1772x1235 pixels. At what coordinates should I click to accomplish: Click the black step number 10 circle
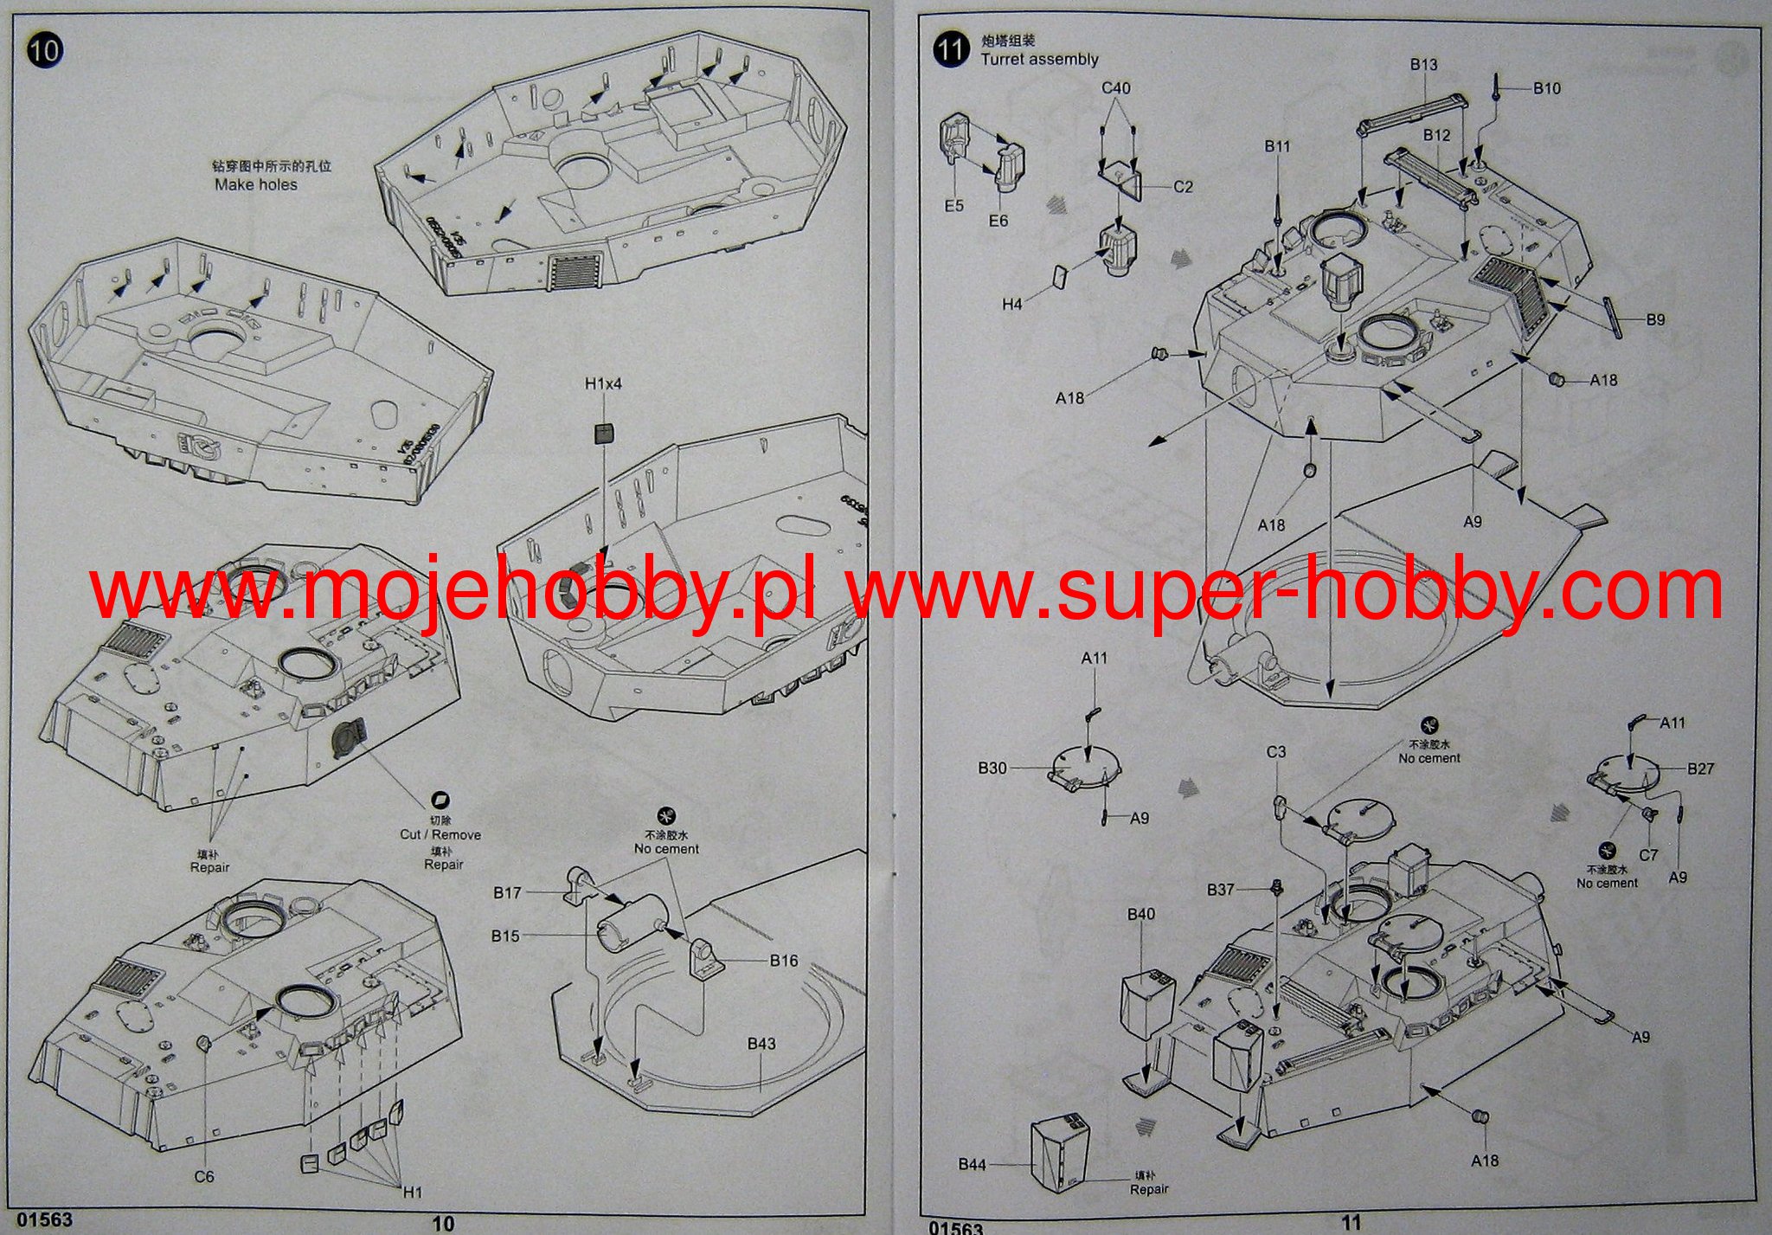pyautogui.click(x=45, y=49)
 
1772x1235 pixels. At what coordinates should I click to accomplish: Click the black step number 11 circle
pyautogui.click(x=951, y=49)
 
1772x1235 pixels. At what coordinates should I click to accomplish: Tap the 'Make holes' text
pyautogui.click(x=256, y=184)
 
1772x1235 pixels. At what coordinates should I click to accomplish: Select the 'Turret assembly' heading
pyautogui.click(x=1039, y=59)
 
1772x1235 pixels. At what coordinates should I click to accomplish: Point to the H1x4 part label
pyautogui.click(x=603, y=383)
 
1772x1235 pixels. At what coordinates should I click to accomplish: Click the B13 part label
pyautogui.click(x=1423, y=65)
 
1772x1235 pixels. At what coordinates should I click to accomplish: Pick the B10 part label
pyautogui.click(x=1547, y=88)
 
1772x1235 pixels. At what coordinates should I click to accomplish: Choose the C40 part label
pyautogui.click(x=1116, y=88)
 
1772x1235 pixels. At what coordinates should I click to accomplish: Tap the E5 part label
pyautogui.click(x=953, y=206)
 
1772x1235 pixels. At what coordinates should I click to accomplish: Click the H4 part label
pyautogui.click(x=1012, y=304)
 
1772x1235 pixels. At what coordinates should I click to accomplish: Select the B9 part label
pyautogui.click(x=1655, y=320)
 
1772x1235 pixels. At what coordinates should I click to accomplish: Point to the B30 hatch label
pyautogui.click(x=992, y=768)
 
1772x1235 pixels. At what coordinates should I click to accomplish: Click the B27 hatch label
pyautogui.click(x=1700, y=769)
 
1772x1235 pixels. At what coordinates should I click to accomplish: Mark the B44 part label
pyautogui.click(x=973, y=1165)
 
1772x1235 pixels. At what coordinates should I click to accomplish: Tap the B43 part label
pyautogui.click(x=761, y=1044)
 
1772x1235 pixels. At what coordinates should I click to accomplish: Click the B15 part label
pyautogui.click(x=505, y=936)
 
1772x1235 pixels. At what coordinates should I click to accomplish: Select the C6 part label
pyautogui.click(x=203, y=1176)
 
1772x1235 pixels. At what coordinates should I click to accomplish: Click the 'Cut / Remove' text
pyautogui.click(x=440, y=834)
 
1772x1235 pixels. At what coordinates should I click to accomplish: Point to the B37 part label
pyautogui.click(x=1221, y=890)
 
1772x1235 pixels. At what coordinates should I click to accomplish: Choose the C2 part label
pyautogui.click(x=1184, y=187)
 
